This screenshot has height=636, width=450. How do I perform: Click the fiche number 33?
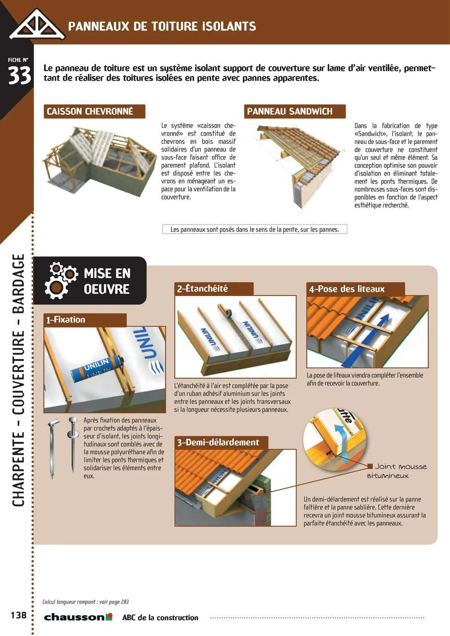coord(19,76)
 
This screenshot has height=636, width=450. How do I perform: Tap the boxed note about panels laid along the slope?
coord(255,229)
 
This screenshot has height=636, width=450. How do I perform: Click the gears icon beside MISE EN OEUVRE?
coord(61,280)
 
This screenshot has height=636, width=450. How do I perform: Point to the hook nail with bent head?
coord(52,448)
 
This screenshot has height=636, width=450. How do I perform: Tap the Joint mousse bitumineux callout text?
coord(397,471)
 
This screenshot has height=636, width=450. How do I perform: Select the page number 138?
coord(19,615)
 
